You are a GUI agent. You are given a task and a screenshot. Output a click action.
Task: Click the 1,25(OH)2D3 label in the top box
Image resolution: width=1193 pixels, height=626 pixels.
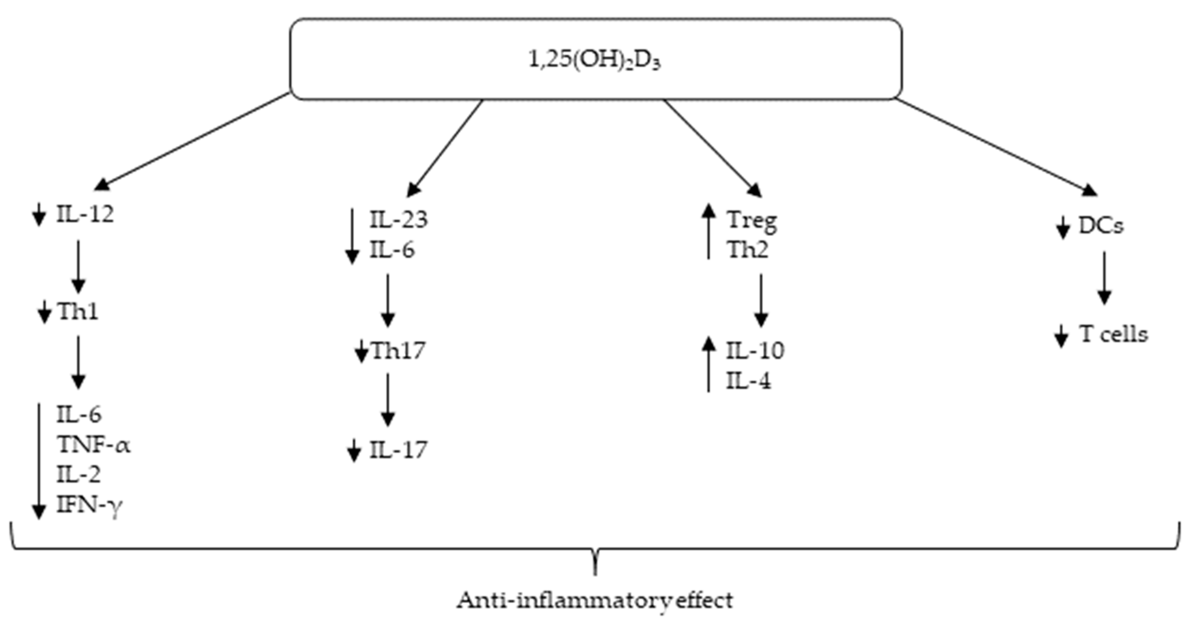click(x=595, y=61)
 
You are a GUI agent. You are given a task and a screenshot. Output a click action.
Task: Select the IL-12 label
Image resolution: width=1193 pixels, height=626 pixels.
click(x=85, y=215)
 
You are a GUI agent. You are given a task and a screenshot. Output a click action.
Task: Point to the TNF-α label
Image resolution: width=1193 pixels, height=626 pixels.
click(x=93, y=445)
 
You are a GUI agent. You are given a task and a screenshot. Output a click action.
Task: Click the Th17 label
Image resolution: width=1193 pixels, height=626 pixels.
click(x=398, y=351)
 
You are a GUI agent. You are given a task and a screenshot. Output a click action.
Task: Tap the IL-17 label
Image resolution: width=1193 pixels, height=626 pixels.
click(x=398, y=450)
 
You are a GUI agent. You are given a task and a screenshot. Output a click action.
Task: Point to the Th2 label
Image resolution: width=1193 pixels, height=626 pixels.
click(x=747, y=250)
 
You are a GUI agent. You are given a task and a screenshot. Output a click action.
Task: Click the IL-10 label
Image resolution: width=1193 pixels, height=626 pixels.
click(x=755, y=351)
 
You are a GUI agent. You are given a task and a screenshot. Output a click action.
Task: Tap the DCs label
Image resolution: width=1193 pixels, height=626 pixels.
click(x=1101, y=226)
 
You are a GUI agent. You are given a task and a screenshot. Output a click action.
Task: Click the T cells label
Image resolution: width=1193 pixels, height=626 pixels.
click(x=1114, y=334)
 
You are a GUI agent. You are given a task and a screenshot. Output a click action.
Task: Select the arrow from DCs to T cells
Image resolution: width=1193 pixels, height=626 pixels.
click(x=1104, y=278)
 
